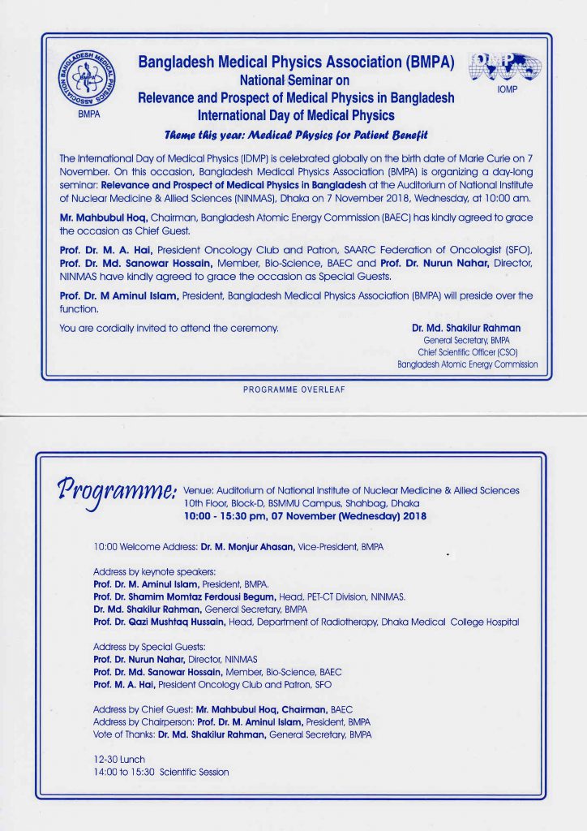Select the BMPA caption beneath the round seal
(x=85, y=115)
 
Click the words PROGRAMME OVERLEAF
(x=293, y=390)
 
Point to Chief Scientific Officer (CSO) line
(x=468, y=352)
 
